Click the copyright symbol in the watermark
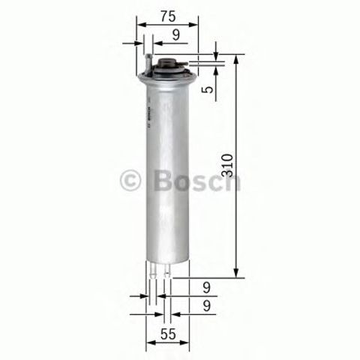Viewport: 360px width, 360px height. tap(130, 181)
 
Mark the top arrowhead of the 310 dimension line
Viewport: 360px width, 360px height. tap(237, 58)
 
